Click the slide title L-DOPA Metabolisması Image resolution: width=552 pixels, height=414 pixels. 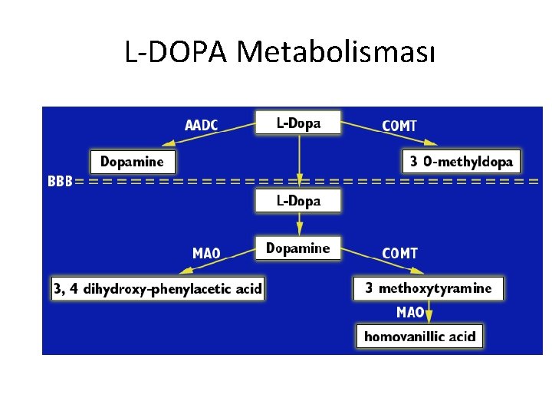pos(281,51)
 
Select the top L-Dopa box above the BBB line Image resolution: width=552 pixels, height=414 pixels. pos(298,123)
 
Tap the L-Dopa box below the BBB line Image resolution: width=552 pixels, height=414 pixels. pos(298,201)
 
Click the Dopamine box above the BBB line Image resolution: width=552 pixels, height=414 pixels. pos(133,162)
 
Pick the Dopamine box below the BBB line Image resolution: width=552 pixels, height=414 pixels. pos(297,248)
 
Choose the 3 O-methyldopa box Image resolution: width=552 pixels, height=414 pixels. pos(462,162)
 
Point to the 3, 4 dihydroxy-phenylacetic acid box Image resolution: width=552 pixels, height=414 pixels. pos(158,289)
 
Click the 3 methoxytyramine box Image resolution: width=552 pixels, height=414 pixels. pos(429,289)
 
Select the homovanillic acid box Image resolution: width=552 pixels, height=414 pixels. pos(419,336)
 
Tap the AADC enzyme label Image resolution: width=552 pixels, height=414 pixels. pos(202,124)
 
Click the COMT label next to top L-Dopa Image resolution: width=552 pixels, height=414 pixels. pos(399,125)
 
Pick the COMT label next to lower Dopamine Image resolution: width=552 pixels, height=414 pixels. pos(399,253)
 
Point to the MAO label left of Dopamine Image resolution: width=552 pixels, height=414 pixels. pos(206,253)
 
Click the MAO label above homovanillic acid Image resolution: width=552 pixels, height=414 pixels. pos(410,312)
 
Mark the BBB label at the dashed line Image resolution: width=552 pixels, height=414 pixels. pos(61,182)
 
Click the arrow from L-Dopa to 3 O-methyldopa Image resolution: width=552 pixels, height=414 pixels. pos(389,133)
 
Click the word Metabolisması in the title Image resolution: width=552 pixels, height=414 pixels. pos(337,51)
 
